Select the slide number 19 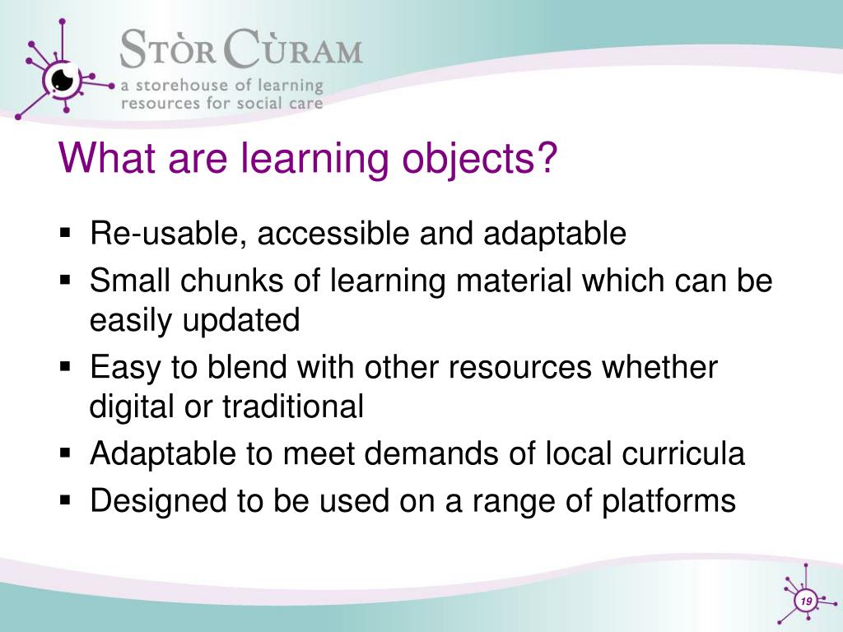(x=806, y=601)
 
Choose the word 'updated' (x=241, y=321)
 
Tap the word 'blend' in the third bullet (x=247, y=367)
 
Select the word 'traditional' (x=293, y=407)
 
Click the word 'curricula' (x=683, y=453)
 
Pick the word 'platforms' (x=668, y=501)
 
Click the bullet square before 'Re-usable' (x=66, y=234)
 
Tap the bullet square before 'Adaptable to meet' (x=66, y=453)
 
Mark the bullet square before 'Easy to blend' (x=66, y=367)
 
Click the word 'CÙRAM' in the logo (x=292, y=49)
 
